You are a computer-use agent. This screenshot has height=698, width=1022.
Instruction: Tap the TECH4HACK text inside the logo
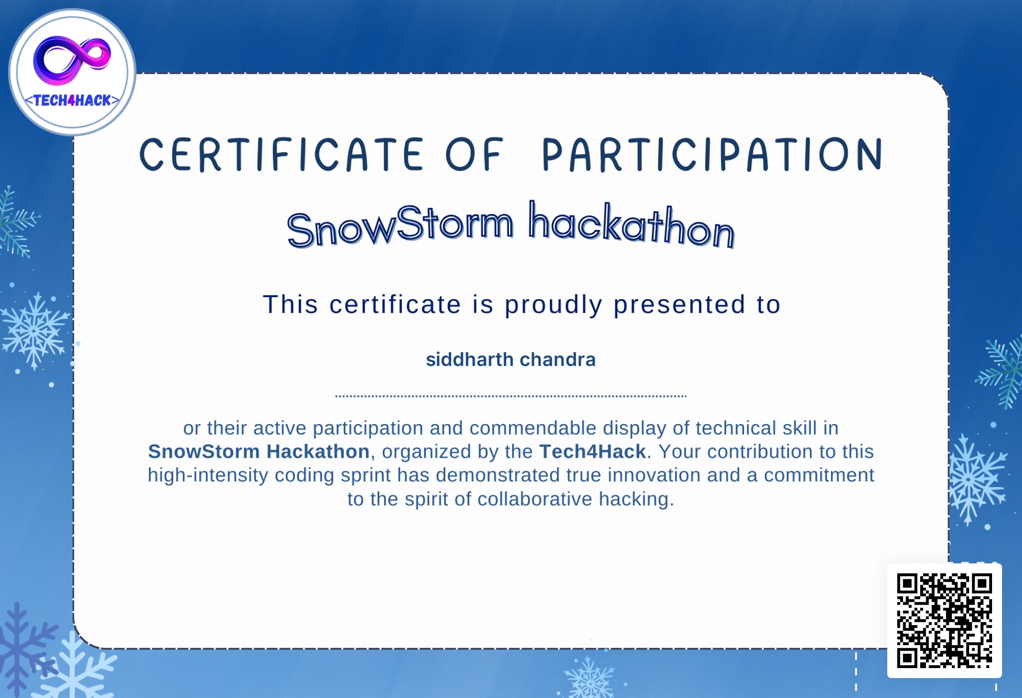pyautogui.click(x=72, y=101)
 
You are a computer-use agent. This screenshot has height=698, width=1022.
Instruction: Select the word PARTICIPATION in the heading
pyautogui.click(x=712, y=155)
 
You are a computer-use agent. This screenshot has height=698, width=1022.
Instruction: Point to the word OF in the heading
pyautogui.click(x=474, y=155)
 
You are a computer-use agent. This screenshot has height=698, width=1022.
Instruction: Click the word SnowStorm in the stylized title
pyautogui.click(x=400, y=226)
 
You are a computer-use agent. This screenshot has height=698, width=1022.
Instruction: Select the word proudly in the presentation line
pyautogui.click(x=553, y=305)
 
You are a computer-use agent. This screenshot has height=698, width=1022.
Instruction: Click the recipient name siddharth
pyautogui.click(x=470, y=359)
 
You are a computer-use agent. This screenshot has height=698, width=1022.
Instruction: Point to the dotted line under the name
pyautogui.click(x=511, y=396)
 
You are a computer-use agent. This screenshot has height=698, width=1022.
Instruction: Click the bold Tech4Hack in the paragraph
pyautogui.click(x=592, y=452)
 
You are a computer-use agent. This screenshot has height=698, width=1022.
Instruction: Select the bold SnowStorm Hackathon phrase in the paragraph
pyautogui.click(x=258, y=452)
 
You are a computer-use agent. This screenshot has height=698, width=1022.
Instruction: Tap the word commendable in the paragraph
pyautogui.click(x=533, y=428)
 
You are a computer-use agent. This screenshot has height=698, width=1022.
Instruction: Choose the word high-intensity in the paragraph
pyautogui.click(x=207, y=476)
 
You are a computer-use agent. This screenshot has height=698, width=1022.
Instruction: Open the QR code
pyautogui.click(x=944, y=621)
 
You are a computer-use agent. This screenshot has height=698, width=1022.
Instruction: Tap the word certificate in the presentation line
pyautogui.click(x=395, y=305)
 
